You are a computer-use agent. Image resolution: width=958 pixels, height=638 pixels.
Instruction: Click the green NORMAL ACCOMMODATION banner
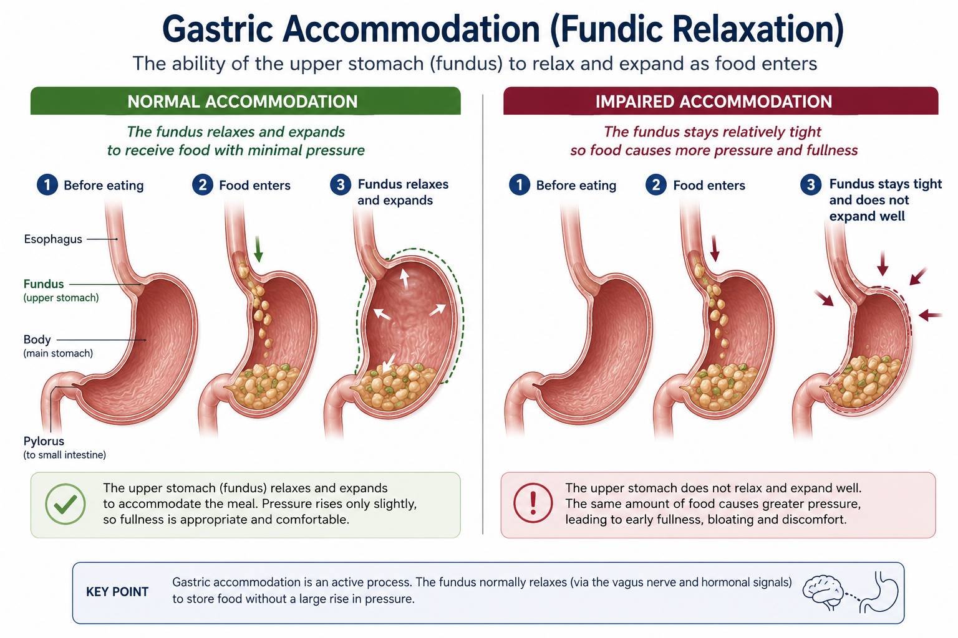click(x=246, y=101)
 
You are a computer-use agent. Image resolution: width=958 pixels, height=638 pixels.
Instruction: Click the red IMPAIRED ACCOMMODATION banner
click(x=720, y=101)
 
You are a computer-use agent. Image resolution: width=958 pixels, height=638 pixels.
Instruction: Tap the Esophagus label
click(x=53, y=239)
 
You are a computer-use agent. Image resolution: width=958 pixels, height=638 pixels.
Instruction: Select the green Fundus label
click(x=44, y=283)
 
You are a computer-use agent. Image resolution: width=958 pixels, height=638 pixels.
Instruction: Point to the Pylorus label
click(x=44, y=441)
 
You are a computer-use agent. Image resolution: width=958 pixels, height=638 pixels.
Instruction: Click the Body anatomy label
click(x=37, y=340)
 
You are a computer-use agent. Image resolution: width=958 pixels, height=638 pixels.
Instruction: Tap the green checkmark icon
click(x=65, y=504)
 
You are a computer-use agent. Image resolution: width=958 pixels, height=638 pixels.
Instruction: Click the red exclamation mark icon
click(x=533, y=503)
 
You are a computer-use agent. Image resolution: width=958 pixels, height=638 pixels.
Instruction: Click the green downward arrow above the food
click(x=258, y=249)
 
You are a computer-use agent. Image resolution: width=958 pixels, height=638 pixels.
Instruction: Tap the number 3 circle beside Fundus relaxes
click(x=341, y=184)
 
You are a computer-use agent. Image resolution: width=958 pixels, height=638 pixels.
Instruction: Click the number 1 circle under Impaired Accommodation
click(x=519, y=184)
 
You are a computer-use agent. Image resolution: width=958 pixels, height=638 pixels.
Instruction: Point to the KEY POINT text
click(x=117, y=592)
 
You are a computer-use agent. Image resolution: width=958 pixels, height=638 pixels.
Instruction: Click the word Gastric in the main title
click(x=218, y=29)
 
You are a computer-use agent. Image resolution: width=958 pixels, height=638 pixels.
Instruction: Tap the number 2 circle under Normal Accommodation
click(x=202, y=184)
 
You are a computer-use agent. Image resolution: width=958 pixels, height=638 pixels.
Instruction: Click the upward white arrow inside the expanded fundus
click(x=404, y=279)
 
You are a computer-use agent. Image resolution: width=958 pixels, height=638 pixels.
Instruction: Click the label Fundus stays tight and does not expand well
click(x=885, y=200)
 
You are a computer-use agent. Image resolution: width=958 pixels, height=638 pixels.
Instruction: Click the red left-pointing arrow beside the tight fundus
click(x=930, y=315)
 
